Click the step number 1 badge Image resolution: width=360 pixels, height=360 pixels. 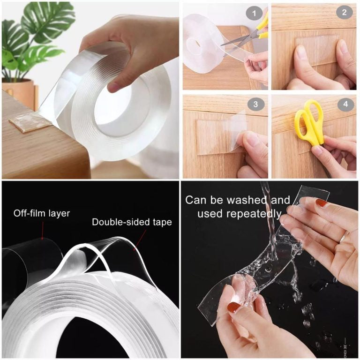(x=254, y=13)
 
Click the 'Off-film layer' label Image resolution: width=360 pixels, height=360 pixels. (x=42, y=214)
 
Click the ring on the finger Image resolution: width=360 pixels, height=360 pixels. (x=344, y=237)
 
